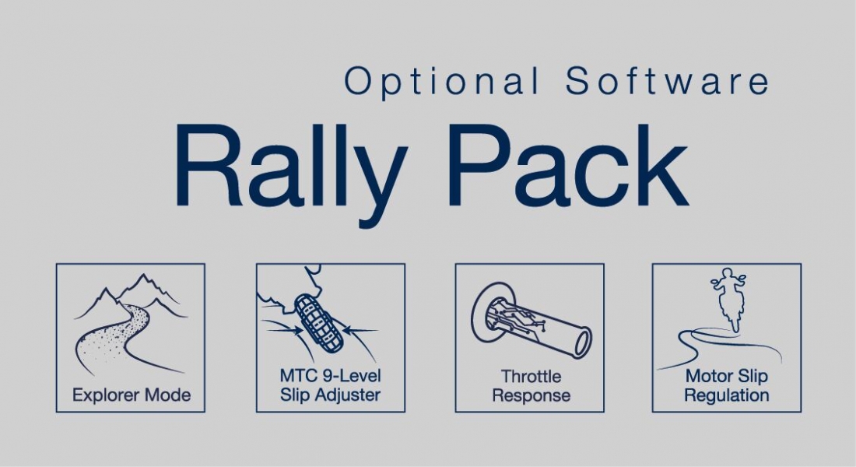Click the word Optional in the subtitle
441,81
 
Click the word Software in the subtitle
668,81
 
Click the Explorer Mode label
131,395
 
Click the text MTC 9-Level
330,376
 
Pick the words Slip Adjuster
330,395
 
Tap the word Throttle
531,377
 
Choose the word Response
531,395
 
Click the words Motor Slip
726,377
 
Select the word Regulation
726,395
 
